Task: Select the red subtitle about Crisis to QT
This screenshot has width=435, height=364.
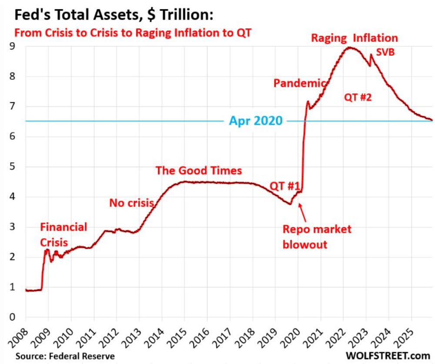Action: point(133,33)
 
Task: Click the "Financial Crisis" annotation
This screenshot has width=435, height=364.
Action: point(64,233)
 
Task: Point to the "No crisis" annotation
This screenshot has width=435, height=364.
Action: point(131,203)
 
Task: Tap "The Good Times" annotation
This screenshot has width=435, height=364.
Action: point(198,170)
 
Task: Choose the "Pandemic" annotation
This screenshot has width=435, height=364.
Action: point(299,83)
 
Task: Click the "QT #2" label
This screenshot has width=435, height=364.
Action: point(358,97)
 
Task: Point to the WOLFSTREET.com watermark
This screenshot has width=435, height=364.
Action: point(388,356)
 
